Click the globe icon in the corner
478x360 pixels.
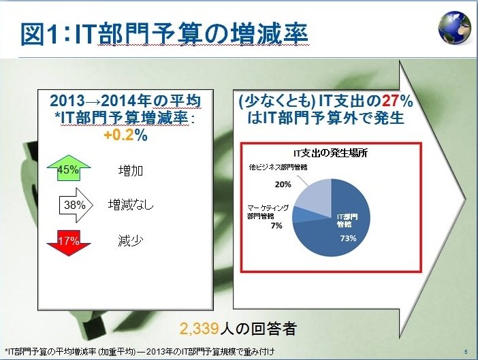[x=455, y=28]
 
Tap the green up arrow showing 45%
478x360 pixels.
[x=69, y=168]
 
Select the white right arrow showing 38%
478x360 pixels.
[x=76, y=205]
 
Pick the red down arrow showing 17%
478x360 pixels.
[x=69, y=243]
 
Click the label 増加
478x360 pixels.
[x=131, y=170]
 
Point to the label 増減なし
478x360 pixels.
[x=131, y=205]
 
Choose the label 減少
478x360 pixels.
[x=131, y=241]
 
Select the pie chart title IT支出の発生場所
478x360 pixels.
[x=330, y=153]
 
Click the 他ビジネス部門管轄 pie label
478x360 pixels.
[x=278, y=167]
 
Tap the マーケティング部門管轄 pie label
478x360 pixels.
[x=268, y=212]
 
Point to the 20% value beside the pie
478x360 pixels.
[x=283, y=184]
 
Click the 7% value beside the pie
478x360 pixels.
[x=277, y=226]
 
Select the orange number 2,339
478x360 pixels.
[x=200, y=329]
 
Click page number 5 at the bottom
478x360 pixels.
[x=466, y=352]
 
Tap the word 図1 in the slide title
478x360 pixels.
[x=39, y=33]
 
